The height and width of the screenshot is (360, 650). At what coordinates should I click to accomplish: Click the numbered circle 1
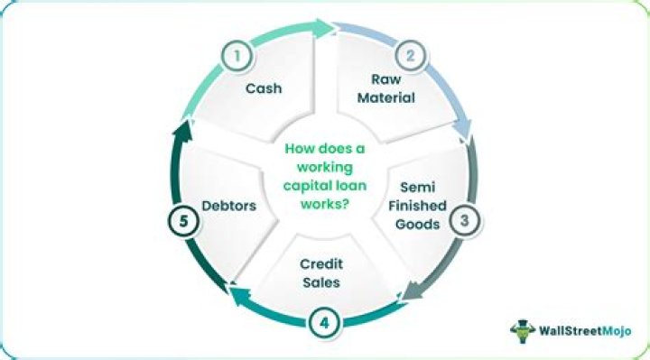[x=237, y=56]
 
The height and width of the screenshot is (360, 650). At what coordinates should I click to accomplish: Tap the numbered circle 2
[x=410, y=56]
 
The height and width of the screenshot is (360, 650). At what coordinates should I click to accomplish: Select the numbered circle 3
[x=464, y=220]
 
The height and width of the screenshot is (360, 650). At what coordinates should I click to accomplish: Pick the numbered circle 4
[x=325, y=323]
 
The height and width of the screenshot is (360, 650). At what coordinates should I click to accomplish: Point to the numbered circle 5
[x=183, y=221]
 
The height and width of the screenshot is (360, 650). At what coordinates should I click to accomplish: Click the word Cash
[x=264, y=88]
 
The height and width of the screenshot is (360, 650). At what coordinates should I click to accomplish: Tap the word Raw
[x=386, y=79]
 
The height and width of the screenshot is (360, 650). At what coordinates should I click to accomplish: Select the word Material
[x=386, y=97]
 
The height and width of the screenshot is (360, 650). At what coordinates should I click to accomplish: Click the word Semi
[x=417, y=187]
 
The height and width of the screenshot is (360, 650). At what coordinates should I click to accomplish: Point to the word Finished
[x=417, y=206]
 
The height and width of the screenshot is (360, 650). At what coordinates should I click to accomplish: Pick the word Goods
[x=417, y=224]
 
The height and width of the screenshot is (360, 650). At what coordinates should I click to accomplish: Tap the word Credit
[x=321, y=263]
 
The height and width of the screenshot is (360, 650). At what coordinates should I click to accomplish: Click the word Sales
[x=321, y=282]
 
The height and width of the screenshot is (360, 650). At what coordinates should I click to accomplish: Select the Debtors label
[x=228, y=206]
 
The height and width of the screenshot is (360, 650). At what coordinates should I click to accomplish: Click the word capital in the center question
[x=306, y=186]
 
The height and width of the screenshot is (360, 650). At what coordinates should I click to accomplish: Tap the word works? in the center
[x=325, y=204]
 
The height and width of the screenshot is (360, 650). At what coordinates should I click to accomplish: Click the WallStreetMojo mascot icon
[x=523, y=330]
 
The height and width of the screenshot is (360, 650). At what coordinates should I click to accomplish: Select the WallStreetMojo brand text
[x=585, y=330]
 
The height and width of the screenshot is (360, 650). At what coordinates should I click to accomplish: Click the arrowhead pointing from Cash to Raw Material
[x=324, y=28]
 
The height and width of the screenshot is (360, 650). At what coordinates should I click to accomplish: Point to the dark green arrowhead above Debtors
[x=182, y=132]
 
